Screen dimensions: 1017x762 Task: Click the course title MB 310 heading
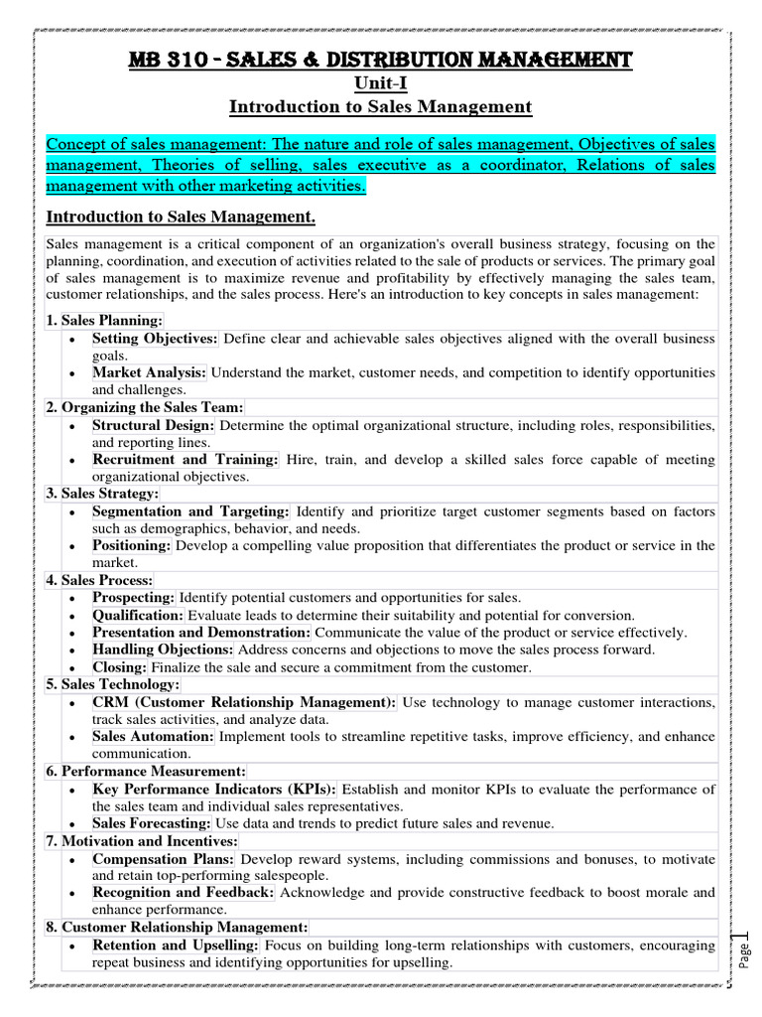point(381,62)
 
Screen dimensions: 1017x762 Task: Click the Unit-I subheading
point(380,84)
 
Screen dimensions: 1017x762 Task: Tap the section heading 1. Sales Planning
point(104,321)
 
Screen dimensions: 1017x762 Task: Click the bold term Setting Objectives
point(155,339)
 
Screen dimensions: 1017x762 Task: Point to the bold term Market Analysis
point(149,372)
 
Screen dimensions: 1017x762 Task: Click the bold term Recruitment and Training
point(186,459)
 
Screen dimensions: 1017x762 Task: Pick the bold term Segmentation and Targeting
point(190,511)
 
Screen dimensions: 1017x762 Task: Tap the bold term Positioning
point(132,545)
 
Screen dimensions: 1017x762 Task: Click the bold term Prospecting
point(134,597)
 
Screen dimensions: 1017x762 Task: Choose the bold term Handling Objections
point(163,650)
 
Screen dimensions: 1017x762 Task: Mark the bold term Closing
point(120,667)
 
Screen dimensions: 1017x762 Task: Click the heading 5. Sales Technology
point(113,684)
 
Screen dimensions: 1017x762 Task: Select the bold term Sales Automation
point(153,736)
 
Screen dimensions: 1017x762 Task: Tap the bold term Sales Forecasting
point(151,823)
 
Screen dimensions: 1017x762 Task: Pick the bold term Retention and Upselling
point(176,944)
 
